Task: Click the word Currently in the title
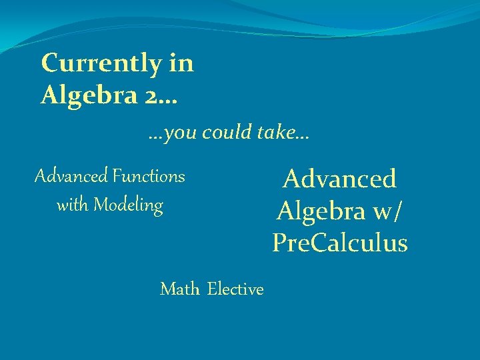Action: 99,64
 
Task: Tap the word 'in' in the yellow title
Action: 182,63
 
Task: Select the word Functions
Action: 149,177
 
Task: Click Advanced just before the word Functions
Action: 71,177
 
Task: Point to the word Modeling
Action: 128,205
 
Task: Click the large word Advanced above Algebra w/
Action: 339,179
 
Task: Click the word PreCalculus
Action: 339,243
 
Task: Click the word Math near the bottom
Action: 179,289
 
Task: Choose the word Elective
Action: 235,289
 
